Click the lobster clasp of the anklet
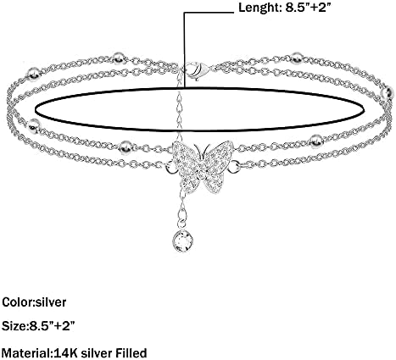[198, 70]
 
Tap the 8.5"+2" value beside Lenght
[309, 7]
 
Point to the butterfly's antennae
[202, 150]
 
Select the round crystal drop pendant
[183, 240]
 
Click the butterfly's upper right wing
[218, 154]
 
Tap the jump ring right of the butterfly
[233, 167]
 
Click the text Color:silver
[34, 302]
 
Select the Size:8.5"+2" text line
[38, 326]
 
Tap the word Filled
[131, 353]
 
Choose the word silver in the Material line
[97, 353]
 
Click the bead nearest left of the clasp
[119, 58]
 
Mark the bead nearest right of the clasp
[296, 58]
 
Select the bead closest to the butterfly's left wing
[125, 147]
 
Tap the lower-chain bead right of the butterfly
[315, 141]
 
